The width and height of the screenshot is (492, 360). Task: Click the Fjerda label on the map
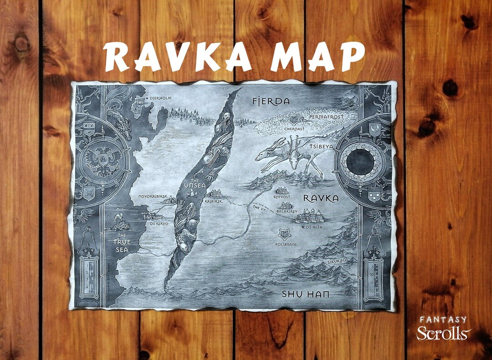click(x=271, y=101)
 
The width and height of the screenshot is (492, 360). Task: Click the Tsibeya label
click(x=322, y=147)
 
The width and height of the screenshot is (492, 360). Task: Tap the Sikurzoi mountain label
click(x=337, y=261)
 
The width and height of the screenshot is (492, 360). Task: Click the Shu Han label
click(x=305, y=294)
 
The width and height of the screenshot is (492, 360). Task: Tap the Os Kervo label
click(x=154, y=223)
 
